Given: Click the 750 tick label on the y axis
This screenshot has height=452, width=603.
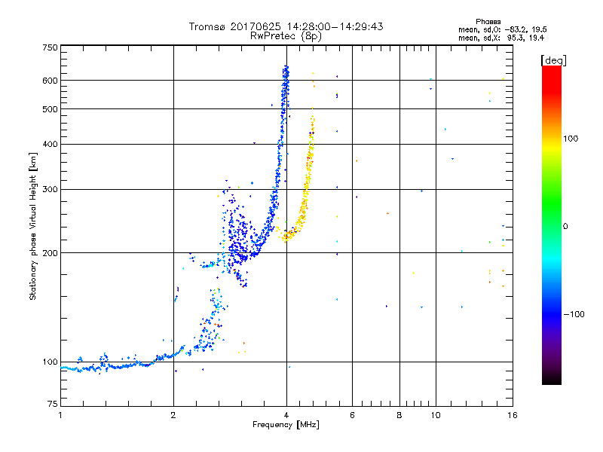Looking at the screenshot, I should [x=50, y=47].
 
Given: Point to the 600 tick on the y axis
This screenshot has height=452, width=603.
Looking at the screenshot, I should [x=50, y=80].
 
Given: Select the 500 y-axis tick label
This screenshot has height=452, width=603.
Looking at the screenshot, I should [x=50, y=108].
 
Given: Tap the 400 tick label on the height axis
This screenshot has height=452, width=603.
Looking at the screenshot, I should [x=50, y=144].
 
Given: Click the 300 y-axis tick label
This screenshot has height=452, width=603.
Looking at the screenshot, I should [x=50, y=189].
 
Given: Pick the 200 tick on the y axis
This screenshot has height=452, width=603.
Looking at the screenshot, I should [x=50, y=252].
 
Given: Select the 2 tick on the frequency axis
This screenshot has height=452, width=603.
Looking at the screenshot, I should [x=173, y=415].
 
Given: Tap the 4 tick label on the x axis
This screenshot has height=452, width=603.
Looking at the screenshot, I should [x=286, y=415].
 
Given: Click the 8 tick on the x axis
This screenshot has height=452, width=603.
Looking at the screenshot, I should [x=399, y=415].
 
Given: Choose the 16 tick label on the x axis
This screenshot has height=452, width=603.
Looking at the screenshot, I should [x=511, y=415].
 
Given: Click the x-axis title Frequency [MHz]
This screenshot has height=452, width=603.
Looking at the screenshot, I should [x=286, y=426].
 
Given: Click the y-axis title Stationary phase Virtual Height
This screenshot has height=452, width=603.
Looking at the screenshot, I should [x=33, y=226].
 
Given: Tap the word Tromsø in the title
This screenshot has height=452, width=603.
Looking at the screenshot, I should [x=207, y=26].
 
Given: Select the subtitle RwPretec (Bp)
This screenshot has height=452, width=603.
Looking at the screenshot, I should [x=286, y=35].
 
